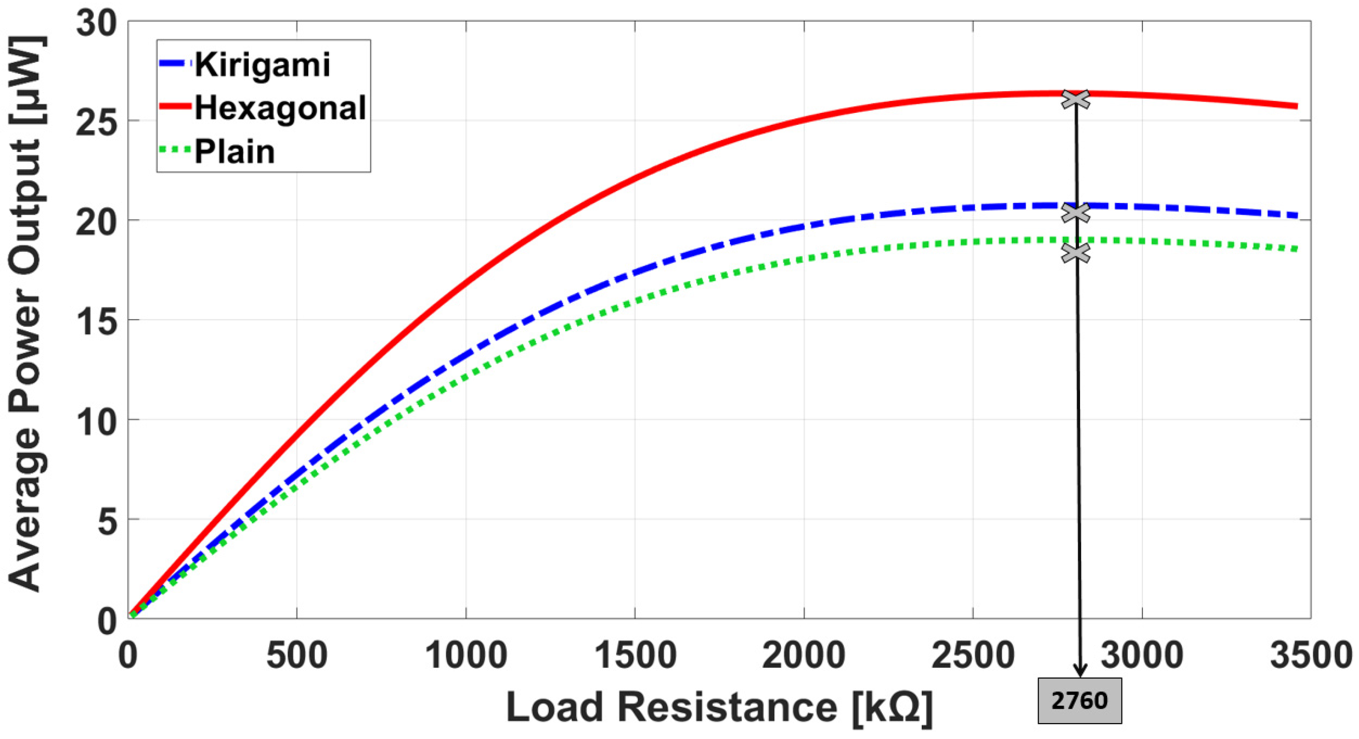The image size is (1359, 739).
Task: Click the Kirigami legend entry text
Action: click(262, 65)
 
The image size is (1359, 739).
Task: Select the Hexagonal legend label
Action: click(280, 108)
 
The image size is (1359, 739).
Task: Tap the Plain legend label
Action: click(235, 152)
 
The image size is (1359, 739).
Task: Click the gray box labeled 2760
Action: click(1080, 701)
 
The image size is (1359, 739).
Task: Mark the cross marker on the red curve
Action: click(1075, 99)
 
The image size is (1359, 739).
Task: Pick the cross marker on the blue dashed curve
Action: click(1075, 212)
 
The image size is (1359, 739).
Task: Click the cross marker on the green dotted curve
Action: click(1075, 252)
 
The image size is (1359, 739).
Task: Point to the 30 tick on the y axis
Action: click(97, 24)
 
